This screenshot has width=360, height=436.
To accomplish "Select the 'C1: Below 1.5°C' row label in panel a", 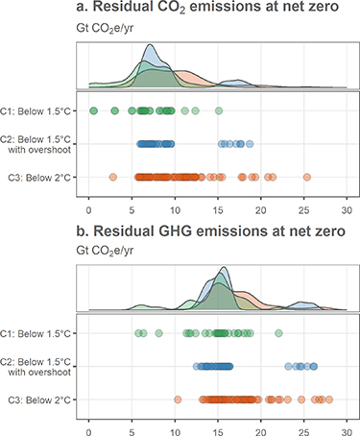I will pos(40,111).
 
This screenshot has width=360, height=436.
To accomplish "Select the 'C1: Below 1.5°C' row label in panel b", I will pos(40,333).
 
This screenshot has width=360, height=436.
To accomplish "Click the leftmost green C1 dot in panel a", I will pos(93,111).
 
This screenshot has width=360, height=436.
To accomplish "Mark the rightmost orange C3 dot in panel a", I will pos(306,177).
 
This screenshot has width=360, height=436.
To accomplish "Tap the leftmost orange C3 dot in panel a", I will pos(113,177).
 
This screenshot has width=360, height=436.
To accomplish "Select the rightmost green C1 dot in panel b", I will pos(278,333).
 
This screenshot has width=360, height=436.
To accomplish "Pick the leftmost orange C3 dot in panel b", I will pos(178,399).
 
